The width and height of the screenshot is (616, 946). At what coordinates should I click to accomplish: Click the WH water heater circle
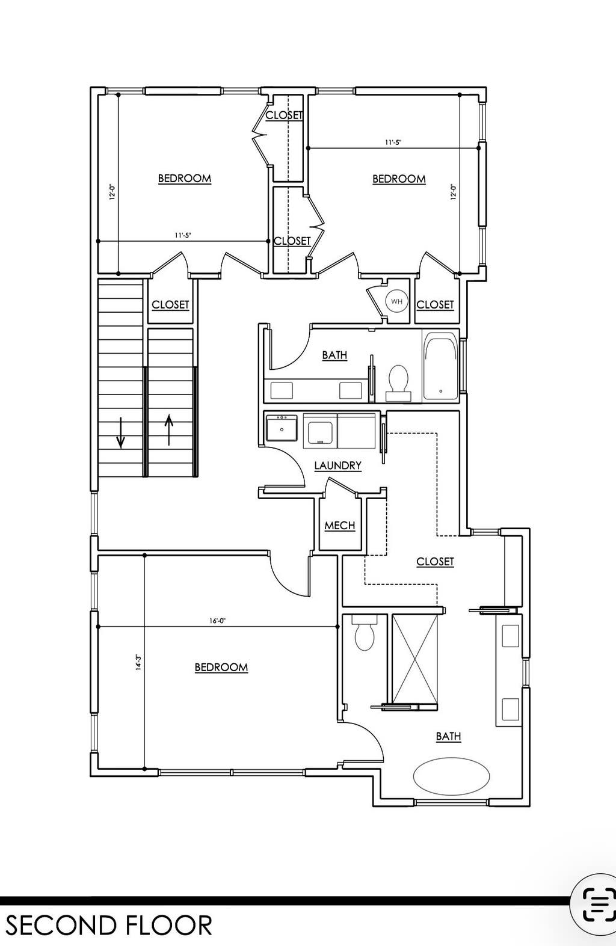click(x=396, y=301)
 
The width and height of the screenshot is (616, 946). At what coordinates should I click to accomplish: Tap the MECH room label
click(x=340, y=526)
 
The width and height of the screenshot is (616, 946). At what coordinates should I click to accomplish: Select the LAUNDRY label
click(x=337, y=465)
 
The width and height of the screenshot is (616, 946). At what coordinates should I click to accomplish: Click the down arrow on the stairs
click(x=121, y=432)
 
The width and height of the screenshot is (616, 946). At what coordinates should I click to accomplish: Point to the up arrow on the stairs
click(x=169, y=430)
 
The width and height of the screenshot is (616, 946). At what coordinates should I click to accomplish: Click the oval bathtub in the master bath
click(x=451, y=776)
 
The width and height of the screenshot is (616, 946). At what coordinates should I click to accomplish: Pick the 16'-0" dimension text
click(x=218, y=621)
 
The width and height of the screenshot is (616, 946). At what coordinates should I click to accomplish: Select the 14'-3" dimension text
click(x=138, y=663)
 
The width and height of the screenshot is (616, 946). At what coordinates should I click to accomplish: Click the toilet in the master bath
click(x=364, y=633)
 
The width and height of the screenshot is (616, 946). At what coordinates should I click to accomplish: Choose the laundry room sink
click(x=282, y=428)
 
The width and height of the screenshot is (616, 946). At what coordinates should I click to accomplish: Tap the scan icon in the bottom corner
click(x=599, y=904)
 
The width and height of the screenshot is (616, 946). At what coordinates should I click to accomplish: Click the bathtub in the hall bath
click(x=441, y=366)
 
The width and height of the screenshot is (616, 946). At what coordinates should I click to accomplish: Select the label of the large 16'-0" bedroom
click(x=221, y=668)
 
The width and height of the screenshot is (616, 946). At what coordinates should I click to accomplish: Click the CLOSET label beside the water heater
click(x=435, y=305)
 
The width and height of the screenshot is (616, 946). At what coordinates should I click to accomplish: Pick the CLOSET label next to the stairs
click(x=170, y=305)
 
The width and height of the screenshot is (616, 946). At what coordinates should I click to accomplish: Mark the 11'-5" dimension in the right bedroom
click(x=393, y=143)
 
